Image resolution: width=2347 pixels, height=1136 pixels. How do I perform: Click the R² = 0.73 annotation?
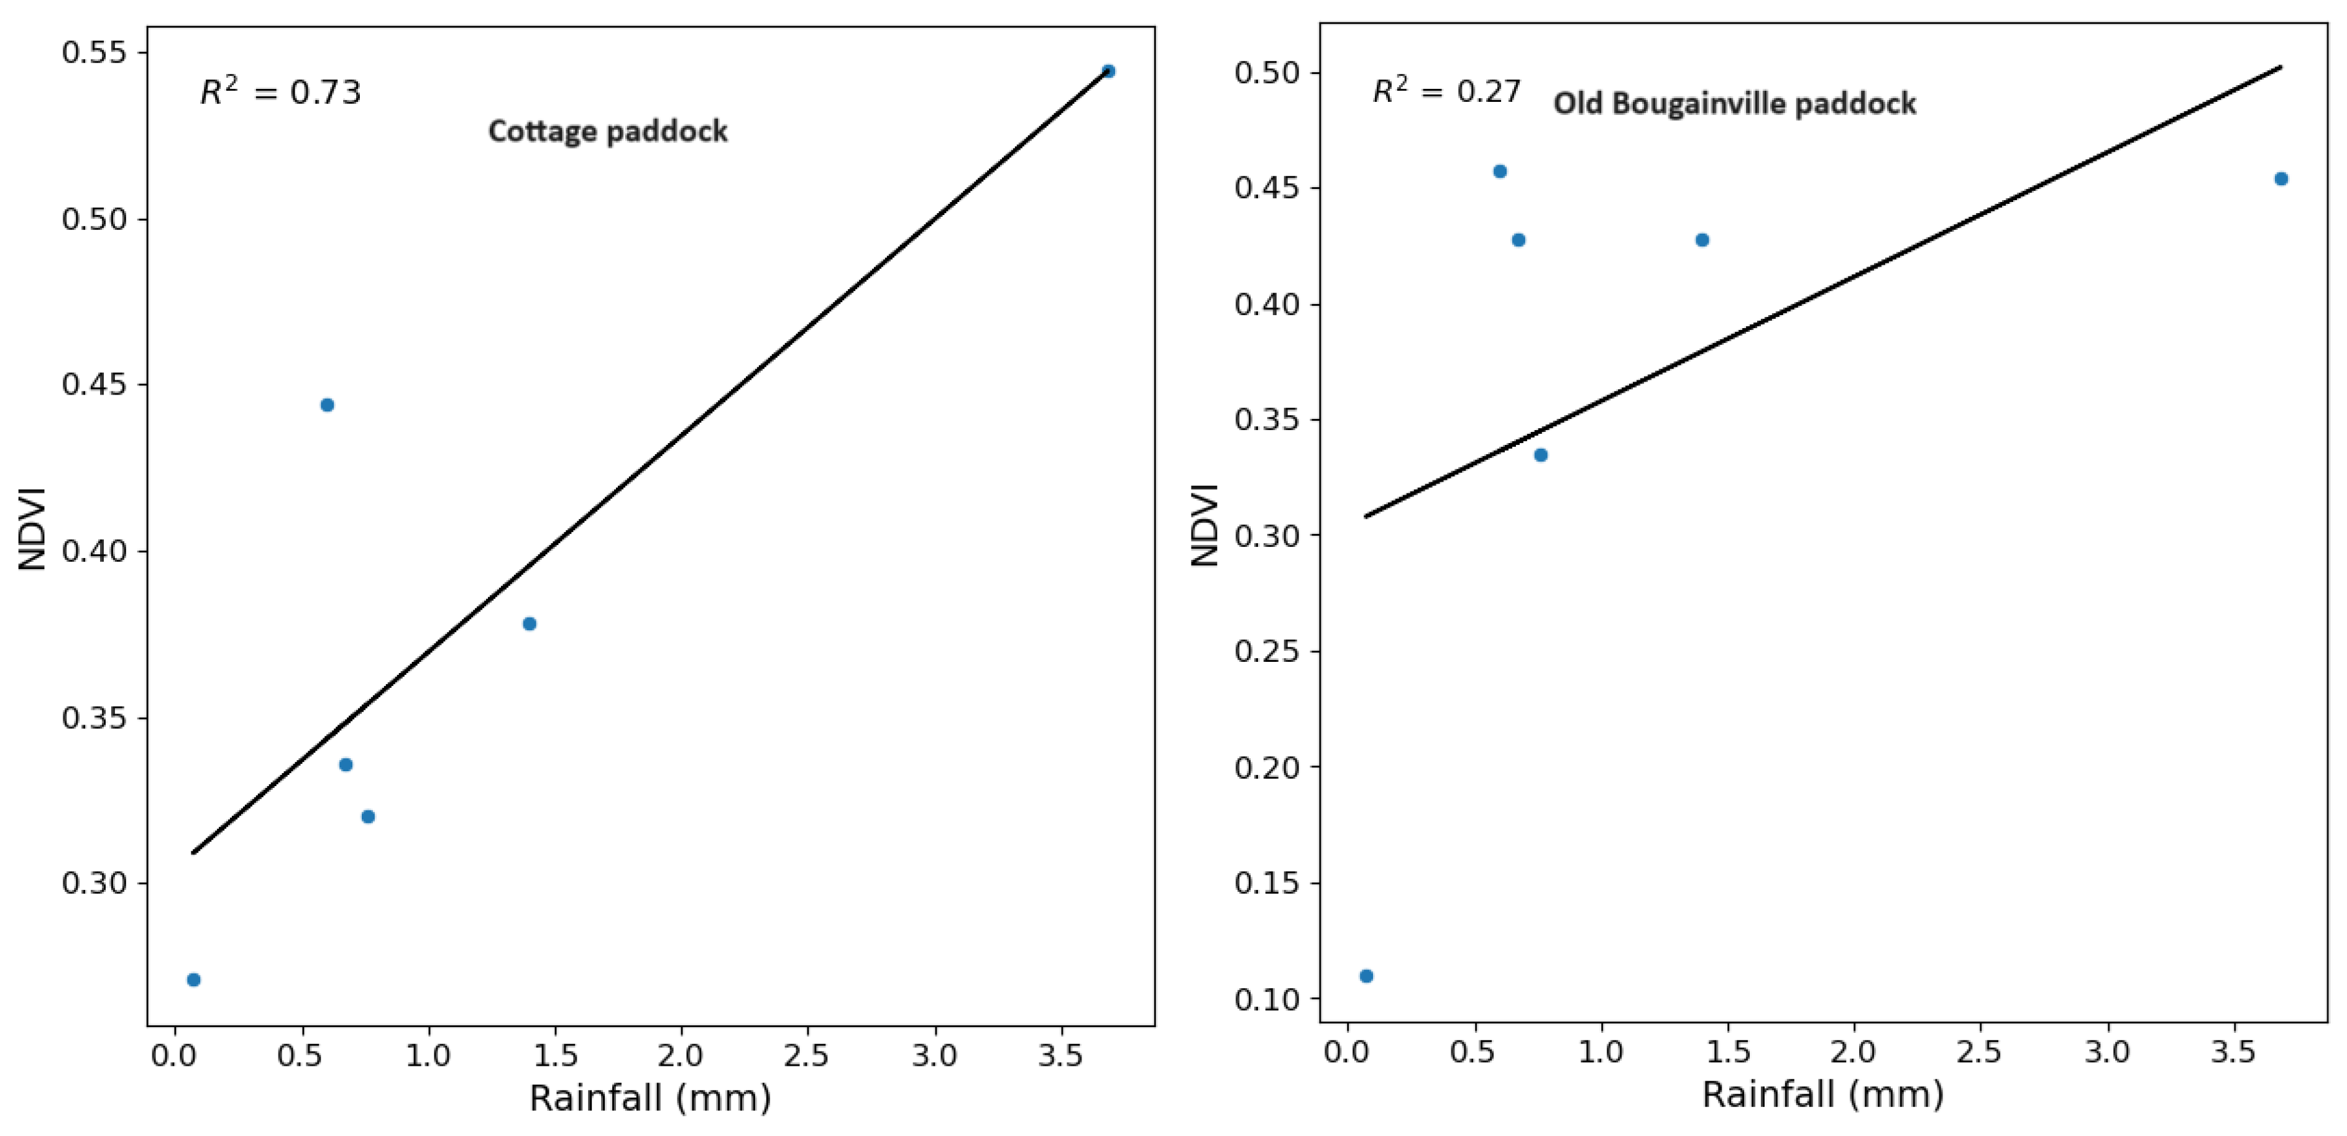click(x=280, y=91)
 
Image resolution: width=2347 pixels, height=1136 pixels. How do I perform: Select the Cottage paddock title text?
click(x=608, y=131)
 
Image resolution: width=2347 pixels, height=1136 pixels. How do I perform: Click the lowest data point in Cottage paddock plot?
click(x=193, y=979)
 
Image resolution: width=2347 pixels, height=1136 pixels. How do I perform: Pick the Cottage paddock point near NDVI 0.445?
click(x=327, y=405)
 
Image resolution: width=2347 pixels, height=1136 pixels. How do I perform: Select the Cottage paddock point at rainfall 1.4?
click(x=530, y=623)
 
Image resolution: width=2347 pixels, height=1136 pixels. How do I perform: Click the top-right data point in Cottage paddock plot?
click(x=1108, y=71)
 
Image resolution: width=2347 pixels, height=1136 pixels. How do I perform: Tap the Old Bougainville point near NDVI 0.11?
click(x=1366, y=976)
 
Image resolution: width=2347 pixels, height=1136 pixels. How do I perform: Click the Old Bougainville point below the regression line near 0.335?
click(x=1541, y=454)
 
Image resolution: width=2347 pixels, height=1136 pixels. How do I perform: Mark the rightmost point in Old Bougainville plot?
click(x=2280, y=178)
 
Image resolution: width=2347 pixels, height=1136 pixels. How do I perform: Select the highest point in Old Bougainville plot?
click(x=1500, y=172)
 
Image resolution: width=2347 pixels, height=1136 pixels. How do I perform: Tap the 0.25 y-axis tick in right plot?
click(x=1265, y=651)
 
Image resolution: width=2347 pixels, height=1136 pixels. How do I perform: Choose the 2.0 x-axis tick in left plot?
click(x=681, y=1055)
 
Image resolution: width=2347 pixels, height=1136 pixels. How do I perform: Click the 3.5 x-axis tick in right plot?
click(x=2232, y=1052)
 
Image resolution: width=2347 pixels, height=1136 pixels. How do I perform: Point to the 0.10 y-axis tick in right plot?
click(x=1265, y=999)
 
